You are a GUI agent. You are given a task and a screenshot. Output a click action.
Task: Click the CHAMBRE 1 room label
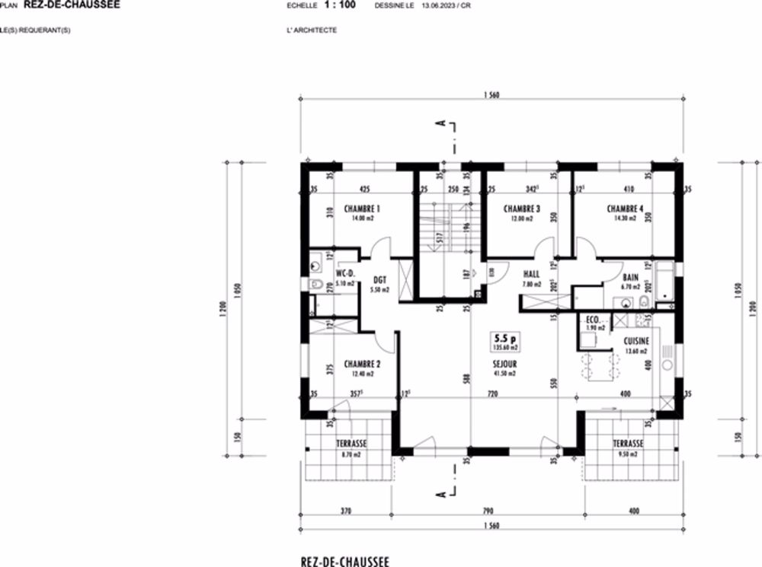pos(362,209)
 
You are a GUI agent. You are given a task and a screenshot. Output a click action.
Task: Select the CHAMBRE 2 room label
pos(362,364)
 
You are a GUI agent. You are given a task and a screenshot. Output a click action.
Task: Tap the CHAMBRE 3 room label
pos(522,209)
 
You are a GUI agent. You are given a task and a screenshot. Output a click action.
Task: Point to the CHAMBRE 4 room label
pos(626,209)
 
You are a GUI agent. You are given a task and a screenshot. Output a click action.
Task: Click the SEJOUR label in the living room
pos(504,364)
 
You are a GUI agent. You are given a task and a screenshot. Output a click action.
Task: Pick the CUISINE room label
pos(636,342)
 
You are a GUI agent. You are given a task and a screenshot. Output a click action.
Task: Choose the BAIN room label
pos(630,278)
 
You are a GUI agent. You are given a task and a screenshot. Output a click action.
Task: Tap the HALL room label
pos(531,274)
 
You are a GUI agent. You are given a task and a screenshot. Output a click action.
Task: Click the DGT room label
pos(379,280)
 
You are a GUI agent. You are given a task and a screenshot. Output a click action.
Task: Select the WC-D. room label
pos(346,274)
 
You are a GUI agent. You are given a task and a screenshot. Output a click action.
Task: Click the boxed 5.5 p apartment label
pos(504,340)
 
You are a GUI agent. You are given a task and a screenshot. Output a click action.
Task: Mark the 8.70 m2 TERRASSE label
pos(352,444)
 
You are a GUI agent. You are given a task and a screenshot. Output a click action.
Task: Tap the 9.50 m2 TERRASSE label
pos(628,444)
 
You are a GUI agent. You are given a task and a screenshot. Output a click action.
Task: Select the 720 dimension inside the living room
pos(492,394)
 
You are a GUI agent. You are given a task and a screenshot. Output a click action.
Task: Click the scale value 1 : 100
pos(339,5)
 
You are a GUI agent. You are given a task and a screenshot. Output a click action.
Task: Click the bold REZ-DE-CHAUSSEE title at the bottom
pos(345,561)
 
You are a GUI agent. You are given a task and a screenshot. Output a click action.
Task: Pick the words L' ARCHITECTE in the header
pos(309,30)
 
